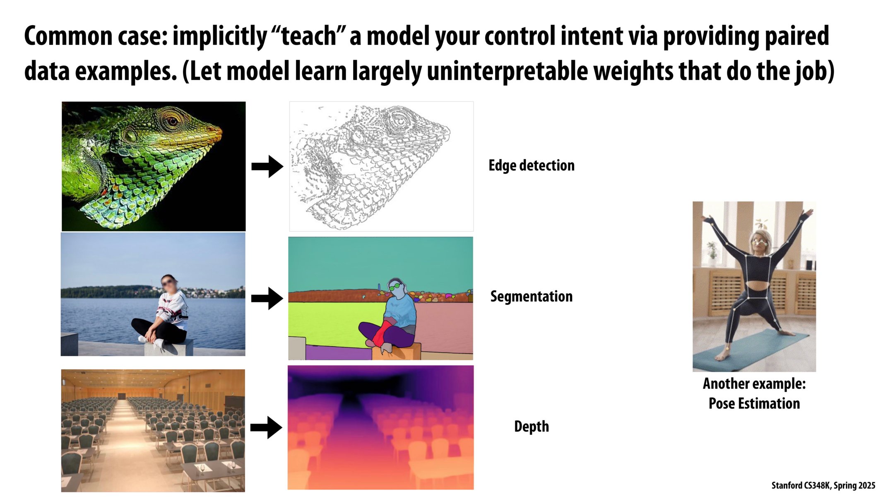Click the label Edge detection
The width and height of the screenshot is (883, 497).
click(531, 165)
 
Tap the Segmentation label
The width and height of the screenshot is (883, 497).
click(531, 297)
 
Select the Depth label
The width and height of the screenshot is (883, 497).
click(531, 426)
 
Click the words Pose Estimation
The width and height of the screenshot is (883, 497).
click(754, 403)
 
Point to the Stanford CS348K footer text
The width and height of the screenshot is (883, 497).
click(823, 485)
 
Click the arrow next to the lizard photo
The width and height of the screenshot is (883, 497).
click(267, 166)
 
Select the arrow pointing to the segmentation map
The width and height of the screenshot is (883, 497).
click(267, 298)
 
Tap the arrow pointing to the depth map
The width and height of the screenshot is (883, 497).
click(266, 427)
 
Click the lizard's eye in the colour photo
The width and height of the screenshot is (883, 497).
click(172, 121)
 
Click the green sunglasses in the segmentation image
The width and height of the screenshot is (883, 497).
click(395, 286)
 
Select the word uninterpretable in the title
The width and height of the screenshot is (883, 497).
click(507, 71)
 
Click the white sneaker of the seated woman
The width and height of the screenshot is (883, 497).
click(158, 343)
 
